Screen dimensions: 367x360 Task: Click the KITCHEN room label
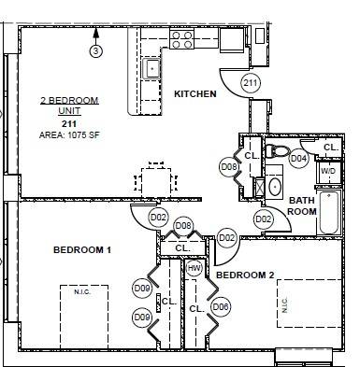click(194, 94)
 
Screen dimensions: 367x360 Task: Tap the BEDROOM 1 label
click(81, 250)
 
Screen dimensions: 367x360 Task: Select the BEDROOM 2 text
click(244, 275)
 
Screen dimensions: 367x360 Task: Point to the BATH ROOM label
click(302, 205)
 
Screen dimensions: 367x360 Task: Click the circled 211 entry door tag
click(250, 83)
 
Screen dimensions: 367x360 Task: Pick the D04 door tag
click(298, 159)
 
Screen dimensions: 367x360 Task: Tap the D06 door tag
click(222, 306)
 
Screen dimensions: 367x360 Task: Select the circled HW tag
click(194, 269)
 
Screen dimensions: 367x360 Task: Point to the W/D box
click(327, 172)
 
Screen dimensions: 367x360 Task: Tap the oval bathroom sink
click(276, 185)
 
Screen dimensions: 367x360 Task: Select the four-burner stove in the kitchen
click(181, 38)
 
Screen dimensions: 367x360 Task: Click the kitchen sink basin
click(151, 68)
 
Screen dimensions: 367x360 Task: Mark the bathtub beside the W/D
click(330, 213)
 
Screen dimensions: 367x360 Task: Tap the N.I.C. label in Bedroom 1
click(82, 292)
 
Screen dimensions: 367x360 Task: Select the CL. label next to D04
click(330, 148)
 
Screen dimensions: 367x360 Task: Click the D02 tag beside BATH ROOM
click(263, 219)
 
